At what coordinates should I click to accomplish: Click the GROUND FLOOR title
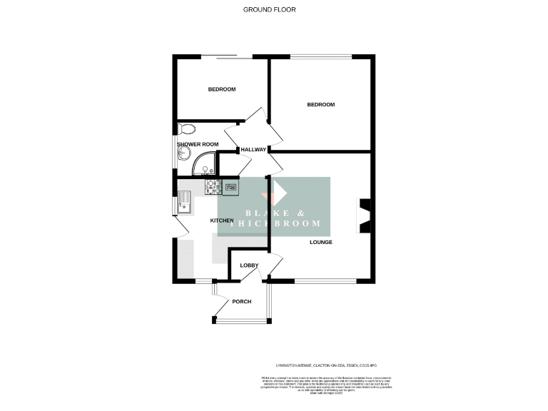coord(269,9)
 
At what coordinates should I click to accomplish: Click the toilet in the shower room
coord(187,129)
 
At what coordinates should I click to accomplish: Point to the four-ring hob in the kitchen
coord(213,187)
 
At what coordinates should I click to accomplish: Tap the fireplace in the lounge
coord(365,215)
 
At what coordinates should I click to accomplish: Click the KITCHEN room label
coord(222,220)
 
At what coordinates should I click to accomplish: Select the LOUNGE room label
coord(320,242)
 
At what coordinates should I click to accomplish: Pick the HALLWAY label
coord(253,150)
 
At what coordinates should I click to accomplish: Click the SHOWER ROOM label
coord(198,144)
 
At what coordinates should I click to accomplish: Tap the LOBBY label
coord(249,265)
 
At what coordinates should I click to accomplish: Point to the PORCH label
coord(241,301)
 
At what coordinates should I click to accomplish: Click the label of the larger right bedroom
coord(320,105)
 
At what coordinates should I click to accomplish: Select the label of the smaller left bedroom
coord(222,89)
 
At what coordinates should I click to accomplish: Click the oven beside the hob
coord(232,187)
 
